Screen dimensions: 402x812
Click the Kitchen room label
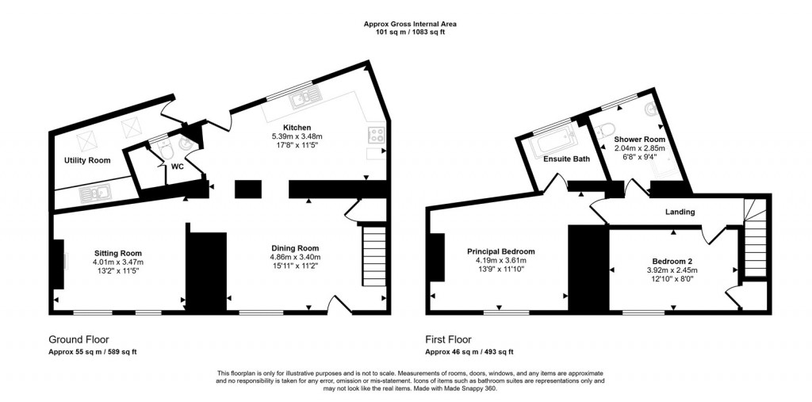coord(297,128)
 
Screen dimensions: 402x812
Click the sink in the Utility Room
coord(101,191)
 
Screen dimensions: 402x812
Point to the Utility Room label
coord(87,161)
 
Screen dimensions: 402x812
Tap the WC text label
coord(177,167)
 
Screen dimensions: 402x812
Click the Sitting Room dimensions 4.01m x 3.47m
coord(117,262)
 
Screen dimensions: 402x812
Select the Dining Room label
coord(295,248)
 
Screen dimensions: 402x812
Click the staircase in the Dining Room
coord(373,257)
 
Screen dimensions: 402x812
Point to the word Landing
coord(680,212)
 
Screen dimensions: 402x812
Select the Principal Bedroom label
coord(500,251)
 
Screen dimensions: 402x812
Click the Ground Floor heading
coord(79,339)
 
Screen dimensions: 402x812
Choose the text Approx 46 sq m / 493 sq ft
coord(469,351)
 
